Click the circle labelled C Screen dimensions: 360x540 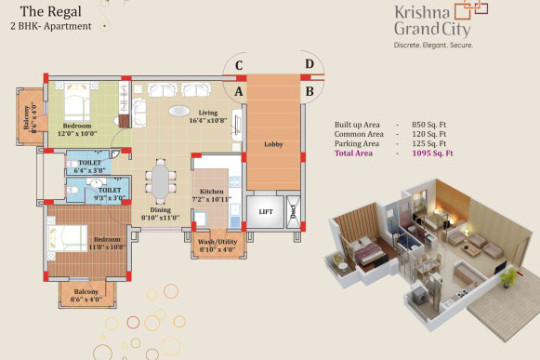pos(239,64)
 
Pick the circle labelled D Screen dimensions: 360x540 pos(309,64)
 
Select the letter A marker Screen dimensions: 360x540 pos(239,91)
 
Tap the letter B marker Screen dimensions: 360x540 pos(309,91)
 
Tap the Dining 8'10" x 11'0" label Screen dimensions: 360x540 pos(162,215)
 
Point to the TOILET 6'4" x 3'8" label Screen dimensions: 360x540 pos(90,167)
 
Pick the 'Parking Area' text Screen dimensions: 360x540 pos(357,144)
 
